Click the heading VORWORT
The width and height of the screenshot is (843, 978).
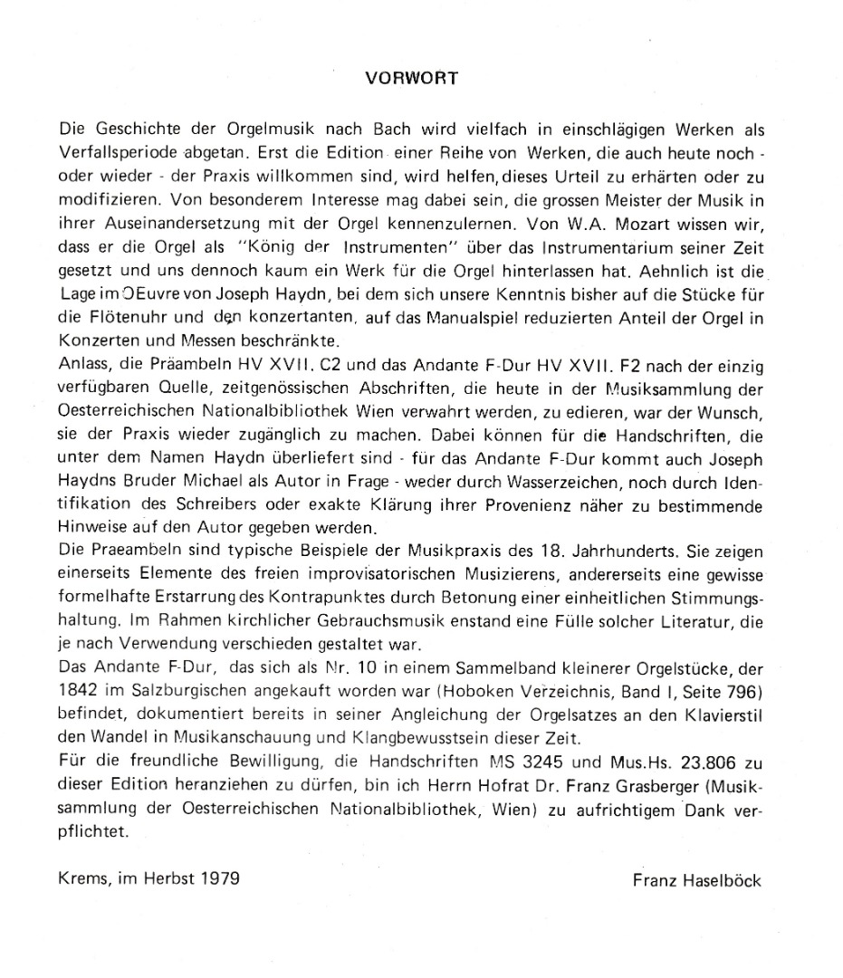point(412,78)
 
